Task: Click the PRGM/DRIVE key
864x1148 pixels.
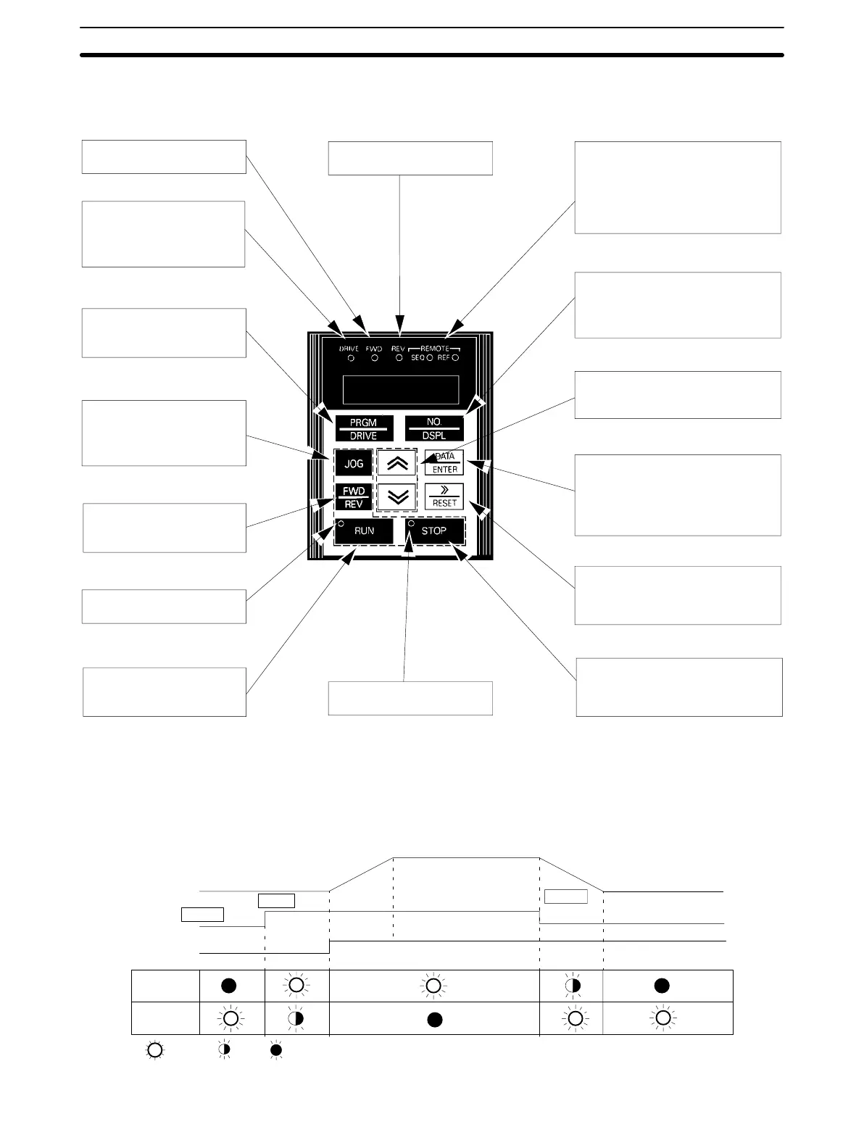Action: pyautogui.click(x=364, y=428)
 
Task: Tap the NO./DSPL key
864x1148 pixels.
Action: pyautogui.click(x=434, y=428)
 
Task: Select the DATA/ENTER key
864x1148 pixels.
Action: pyautogui.click(x=444, y=463)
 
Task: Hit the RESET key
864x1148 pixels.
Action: pyautogui.click(x=444, y=496)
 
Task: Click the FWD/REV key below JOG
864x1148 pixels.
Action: pyautogui.click(x=354, y=497)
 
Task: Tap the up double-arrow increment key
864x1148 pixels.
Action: pyautogui.click(x=397, y=464)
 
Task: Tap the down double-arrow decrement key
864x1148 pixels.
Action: pyautogui.click(x=397, y=497)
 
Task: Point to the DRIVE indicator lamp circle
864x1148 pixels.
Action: pyautogui.click(x=351, y=359)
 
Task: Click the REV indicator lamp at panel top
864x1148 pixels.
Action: pyautogui.click(x=399, y=359)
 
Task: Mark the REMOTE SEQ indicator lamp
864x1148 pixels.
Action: pyautogui.click(x=430, y=359)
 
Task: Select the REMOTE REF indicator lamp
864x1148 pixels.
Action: pyautogui.click(x=455, y=359)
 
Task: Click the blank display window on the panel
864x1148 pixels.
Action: pyautogui.click(x=401, y=390)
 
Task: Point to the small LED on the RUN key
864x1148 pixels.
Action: pyautogui.click(x=341, y=523)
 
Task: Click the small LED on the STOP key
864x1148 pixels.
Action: pyautogui.click(x=412, y=523)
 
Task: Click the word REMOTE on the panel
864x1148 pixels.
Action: pyautogui.click(x=435, y=349)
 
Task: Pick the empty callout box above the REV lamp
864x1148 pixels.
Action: pyautogui.click(x=410, y=158)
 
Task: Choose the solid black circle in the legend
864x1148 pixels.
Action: pyautogui.click(x=276, y=1050)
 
